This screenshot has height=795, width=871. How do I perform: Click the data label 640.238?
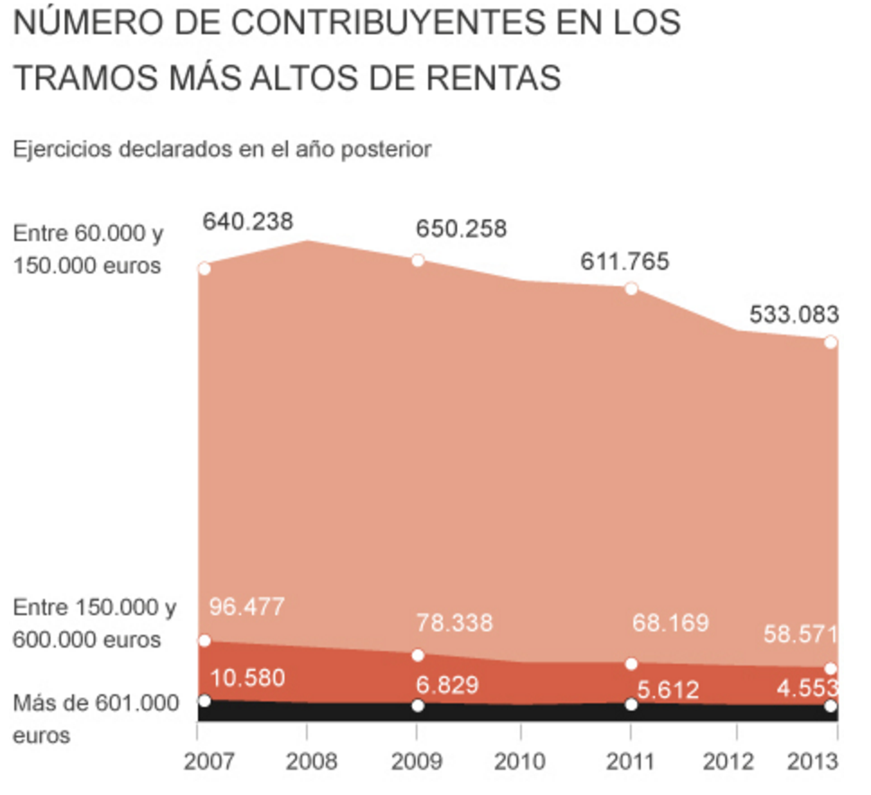pos(247,221)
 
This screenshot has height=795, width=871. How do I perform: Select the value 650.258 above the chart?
pos(461,228)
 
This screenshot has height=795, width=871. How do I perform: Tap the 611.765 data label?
pos(624,262)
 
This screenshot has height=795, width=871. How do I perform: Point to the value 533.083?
pos(794,315)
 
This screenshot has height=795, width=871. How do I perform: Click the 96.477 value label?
pos(247,606)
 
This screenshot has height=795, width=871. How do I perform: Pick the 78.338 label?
pos(454,622)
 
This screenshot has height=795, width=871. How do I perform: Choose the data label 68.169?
pos(669,622)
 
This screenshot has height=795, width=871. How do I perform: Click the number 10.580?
pos(247,677)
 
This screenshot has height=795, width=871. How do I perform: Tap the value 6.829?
pos(446,686)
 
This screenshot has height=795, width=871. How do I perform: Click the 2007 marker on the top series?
pos(204,268)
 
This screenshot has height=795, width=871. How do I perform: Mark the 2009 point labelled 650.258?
pos(418,260)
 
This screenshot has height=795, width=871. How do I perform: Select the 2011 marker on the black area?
pos(632,704)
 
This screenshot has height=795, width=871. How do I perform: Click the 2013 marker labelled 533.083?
pos(831,342)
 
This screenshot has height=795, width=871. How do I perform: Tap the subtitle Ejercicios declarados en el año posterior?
pos(222,149)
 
